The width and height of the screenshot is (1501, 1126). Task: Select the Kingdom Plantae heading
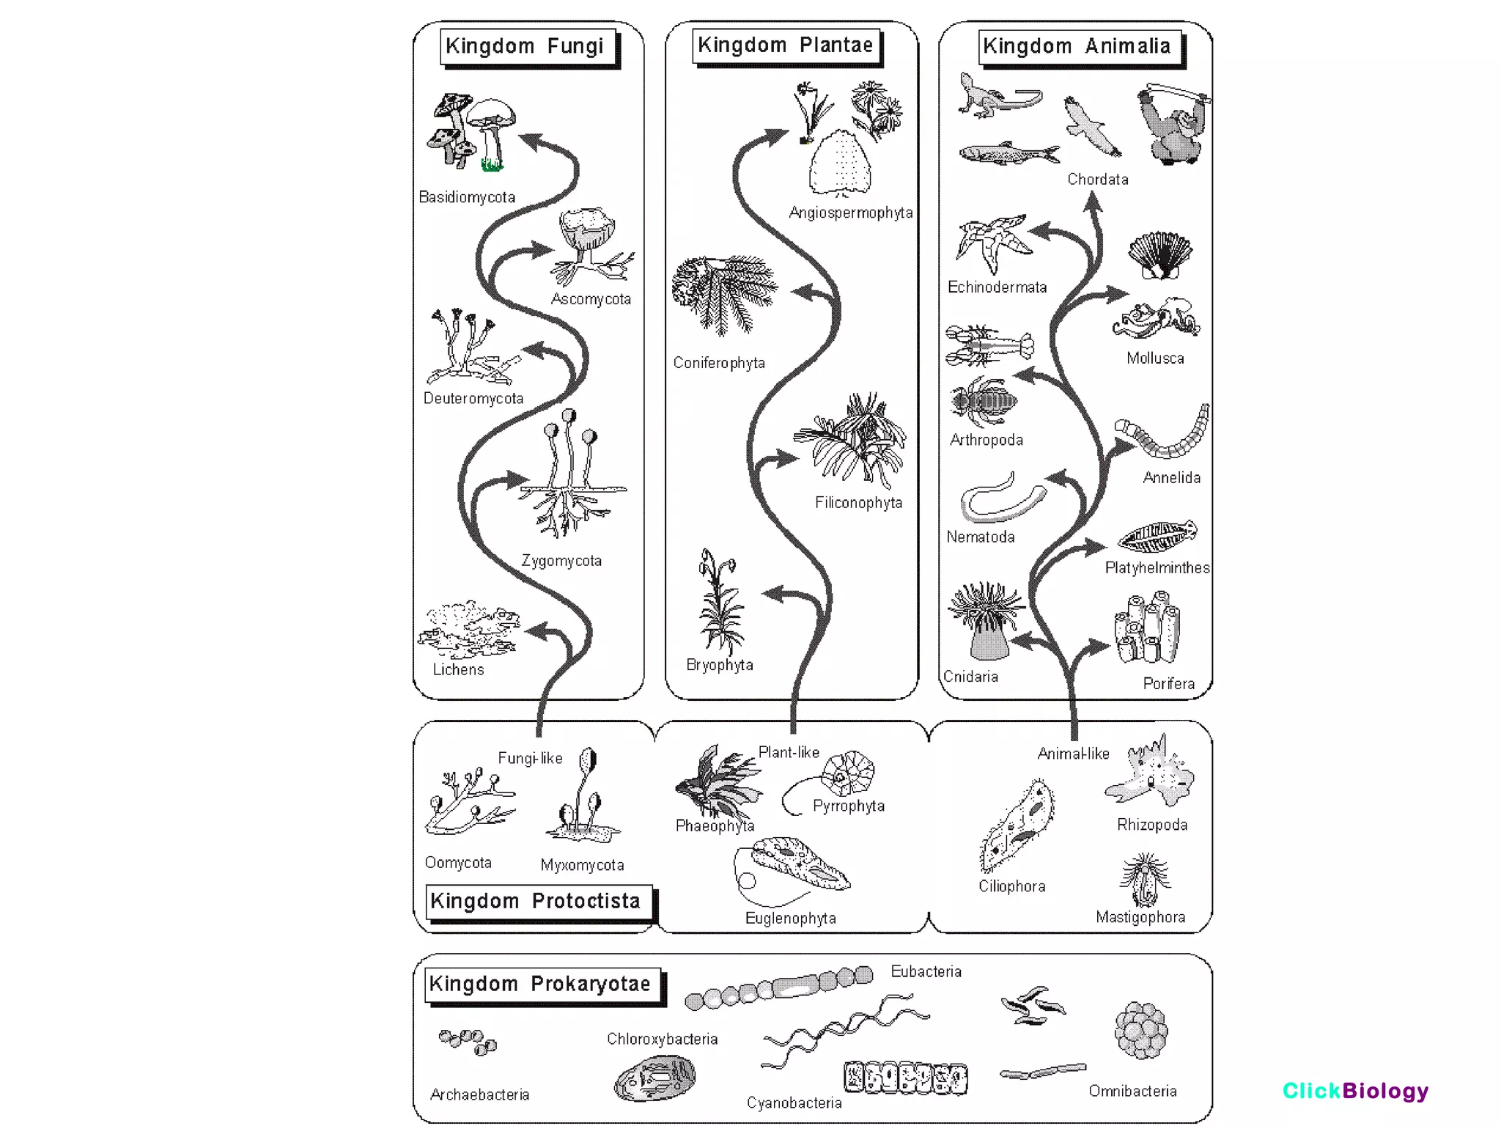point(785,45)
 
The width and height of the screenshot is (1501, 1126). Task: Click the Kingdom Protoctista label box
point(536,901)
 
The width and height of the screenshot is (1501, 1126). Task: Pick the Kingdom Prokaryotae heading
point(541,984)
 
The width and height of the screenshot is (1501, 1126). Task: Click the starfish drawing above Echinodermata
point(993,243)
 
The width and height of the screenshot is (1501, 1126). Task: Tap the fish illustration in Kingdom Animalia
point(1008,154)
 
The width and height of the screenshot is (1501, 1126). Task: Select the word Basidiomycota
point(467,197)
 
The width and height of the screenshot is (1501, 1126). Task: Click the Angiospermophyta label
point(850,213)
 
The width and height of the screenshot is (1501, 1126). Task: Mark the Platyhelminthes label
point(1157,567)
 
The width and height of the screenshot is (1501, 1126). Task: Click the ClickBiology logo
point(1354,1091)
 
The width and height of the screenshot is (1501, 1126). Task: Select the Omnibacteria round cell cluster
point(1140,1030)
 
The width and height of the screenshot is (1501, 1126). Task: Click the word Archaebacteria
point(479,1094)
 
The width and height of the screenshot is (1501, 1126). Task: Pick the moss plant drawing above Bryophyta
point(720,601)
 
